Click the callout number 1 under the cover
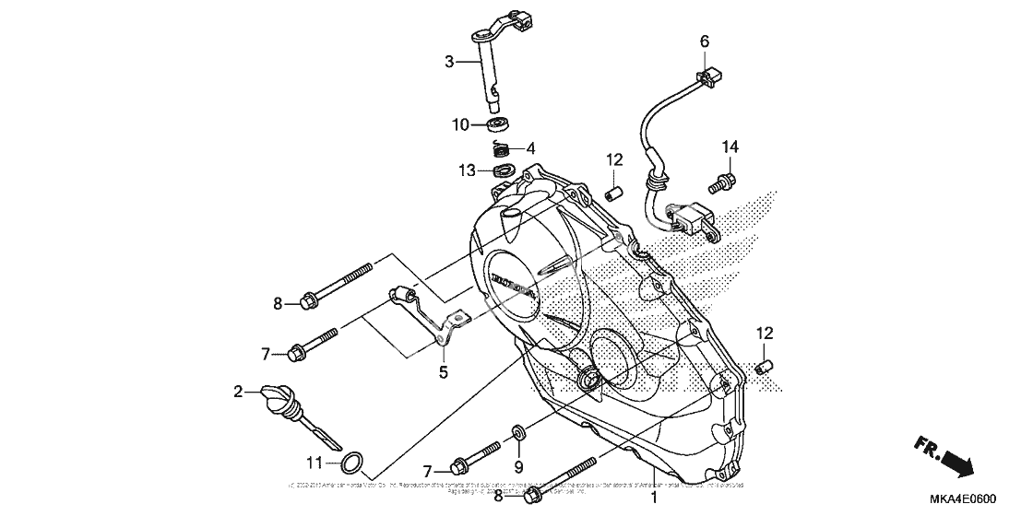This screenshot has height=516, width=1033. tap(653, 498)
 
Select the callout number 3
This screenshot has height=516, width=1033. tap(449, 62)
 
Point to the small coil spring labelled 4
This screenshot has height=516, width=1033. tap(499, 147)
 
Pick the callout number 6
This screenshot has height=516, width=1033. tap(705, 41)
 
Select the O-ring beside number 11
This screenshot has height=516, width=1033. tap(352, 462)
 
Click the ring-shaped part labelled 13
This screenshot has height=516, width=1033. tap(504, 170)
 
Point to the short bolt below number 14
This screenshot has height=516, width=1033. tap(721, 184)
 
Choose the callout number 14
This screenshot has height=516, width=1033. tap(730, 147)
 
